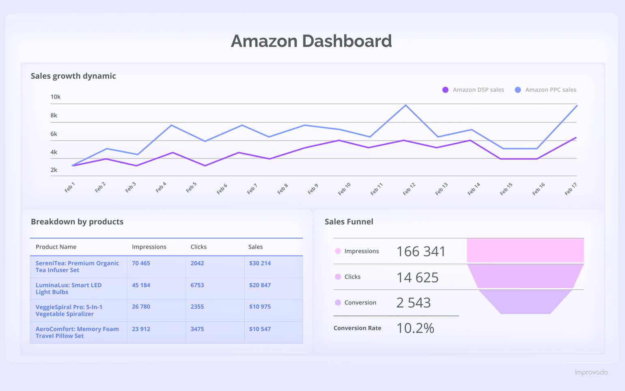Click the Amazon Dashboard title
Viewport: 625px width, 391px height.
click(x=311, y=41)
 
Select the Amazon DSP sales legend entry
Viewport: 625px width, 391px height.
click(x=473, y=90)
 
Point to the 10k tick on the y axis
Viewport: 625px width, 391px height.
click(x=55, y=97)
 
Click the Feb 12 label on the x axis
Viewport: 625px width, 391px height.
click(x=409, y=189)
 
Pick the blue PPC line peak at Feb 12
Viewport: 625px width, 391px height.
click(x=405, y=105)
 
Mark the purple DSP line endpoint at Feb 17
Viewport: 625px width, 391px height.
click(x=576, y=138)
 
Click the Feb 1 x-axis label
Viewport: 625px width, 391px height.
click(x=70, y=187)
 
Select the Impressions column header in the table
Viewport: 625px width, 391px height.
click(x=149, y=247)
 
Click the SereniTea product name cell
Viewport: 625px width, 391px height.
click(x=77, y=267)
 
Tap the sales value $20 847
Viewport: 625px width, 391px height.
click(x=260, y=285)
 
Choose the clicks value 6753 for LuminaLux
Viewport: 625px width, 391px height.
click(x=197, y=285)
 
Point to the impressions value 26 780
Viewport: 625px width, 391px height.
click(x=141, y=306)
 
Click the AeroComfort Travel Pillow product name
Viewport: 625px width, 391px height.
click(x=77, y=332)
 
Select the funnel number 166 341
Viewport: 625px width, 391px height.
click(x=421, y=252)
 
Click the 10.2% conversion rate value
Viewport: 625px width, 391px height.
click(x=415, y=328)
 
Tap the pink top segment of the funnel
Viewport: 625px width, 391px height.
click(x=525, y=250)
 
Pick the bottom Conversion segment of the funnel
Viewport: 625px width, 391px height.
click(x=525, y=302)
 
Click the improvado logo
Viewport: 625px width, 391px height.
click(x=591, y=372)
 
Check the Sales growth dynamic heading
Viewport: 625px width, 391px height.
click(x=73, y=76)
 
